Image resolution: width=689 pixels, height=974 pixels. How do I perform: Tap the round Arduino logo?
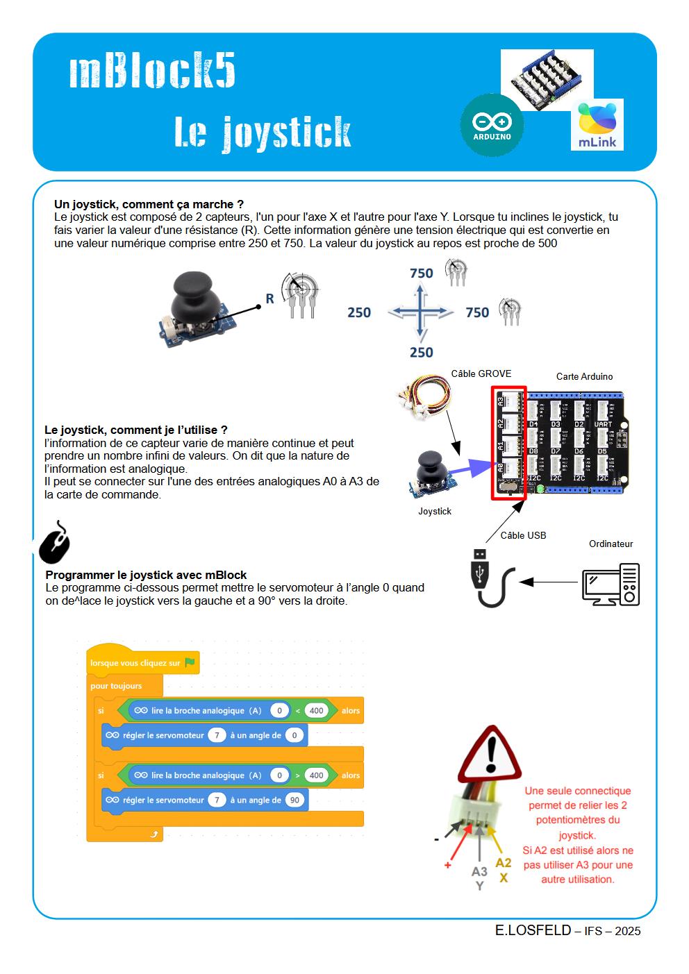click(492, 125)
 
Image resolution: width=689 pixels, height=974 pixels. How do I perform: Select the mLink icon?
click(597, 125)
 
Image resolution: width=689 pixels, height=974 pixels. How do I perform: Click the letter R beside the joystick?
click(269, 299)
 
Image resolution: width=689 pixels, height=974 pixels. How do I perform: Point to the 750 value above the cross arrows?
click(421, 273)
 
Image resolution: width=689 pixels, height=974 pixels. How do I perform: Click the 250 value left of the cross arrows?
click(359, 312)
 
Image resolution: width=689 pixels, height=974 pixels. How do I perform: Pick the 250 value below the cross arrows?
click(421, 352)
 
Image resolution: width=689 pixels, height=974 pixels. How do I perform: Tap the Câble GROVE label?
click(481, 373)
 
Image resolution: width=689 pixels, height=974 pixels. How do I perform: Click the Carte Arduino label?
click(584, 376)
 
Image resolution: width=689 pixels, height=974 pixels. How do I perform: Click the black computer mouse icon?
click(54, 542)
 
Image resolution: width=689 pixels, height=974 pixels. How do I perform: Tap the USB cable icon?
click(492, 578)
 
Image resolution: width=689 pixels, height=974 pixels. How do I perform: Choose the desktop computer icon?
click(610, 584)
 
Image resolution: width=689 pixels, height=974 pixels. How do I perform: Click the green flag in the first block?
click(190, 662)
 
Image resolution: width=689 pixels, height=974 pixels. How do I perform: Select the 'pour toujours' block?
click(116, 686)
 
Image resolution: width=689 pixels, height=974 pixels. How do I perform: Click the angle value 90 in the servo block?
click(294, 800)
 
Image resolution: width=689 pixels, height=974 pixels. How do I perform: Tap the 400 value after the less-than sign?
click(316, 710)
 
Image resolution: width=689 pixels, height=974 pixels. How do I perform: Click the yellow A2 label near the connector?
click(503, 862)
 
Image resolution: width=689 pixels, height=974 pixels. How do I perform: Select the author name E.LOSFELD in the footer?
click(533, 930)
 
